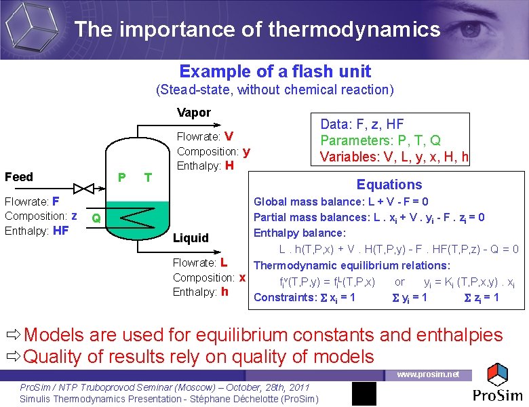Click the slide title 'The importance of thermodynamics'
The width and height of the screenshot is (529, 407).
[x=257, y=29]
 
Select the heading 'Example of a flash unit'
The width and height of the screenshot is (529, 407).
[x=275, y=71]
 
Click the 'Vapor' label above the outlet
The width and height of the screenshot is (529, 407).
[x=193, y=113]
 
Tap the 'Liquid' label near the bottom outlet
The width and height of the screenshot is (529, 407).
[x=191, y=237]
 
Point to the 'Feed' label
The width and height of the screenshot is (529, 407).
[x=18, y=177]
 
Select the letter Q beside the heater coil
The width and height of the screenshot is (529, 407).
[x=96, y=218]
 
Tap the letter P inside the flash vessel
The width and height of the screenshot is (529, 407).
[x=121, y=177]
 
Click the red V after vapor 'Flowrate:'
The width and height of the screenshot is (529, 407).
[x=229, y=136]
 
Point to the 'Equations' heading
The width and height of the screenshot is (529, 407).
[x=389, y=185]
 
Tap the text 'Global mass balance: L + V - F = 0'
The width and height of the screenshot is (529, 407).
[x=340, y=201]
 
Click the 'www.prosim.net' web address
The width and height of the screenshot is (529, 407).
[x=427, y=374]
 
